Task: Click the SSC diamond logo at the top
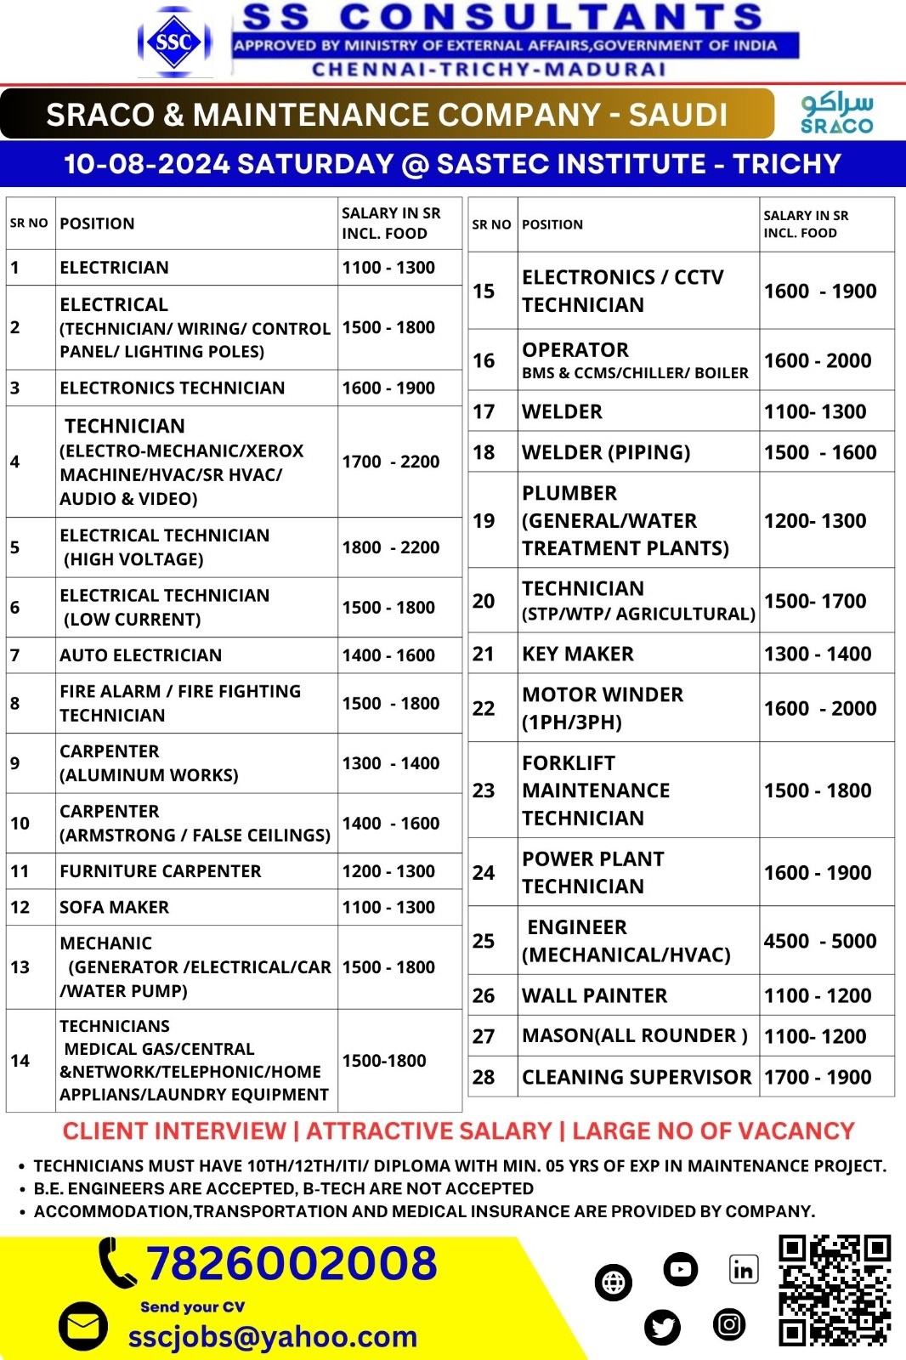pyautogui.click(x=174, y=42)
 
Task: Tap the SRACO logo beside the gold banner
pyautogui.click(x=836, y=114)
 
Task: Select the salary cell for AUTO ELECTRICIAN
pyautogui.click(x=388, y=655)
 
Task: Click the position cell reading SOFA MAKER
pyautogui.click(x=114, y=907)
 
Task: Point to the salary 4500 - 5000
pyautogui.click(x=819, y=941)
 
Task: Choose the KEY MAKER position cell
pyautogui.click(x=578, y=654)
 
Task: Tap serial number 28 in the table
pyautogui.click(x=484, y=1077)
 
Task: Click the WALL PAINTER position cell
pyautogui.click(x=595, y=995)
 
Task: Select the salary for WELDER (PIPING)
pyautogui.click(x=819, y=452)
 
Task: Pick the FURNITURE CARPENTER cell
pyautogui.click(x=161, y=871)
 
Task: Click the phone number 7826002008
pyautogui.click(x=292, y=1263)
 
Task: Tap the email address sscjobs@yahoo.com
pyautogui.click(x=272, y=1337)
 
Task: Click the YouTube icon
pyautogui.click(x=680, y=1270)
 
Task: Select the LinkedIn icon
pyautogui.click(x=743, y=1270)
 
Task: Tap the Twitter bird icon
pyautogui.click(x=662, y=1327)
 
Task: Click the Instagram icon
pyautogui.click(x=728, y=1323)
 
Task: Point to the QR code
pyautogui.click(x=835, y=1291)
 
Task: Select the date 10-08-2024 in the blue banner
pyautogui.click(x=148, y=163)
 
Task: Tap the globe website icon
pyautogui.click(x=614, y=1282)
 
